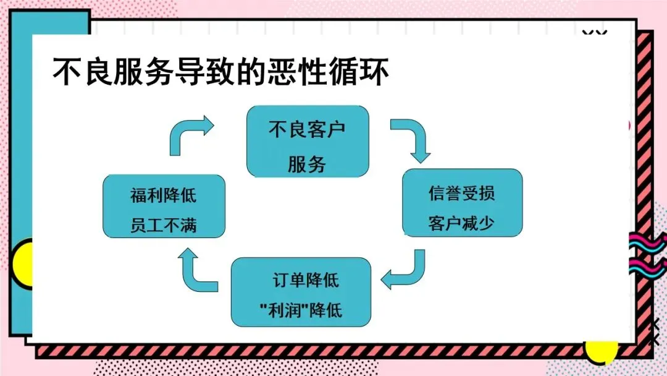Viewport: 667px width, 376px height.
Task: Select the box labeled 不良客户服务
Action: (307, 142)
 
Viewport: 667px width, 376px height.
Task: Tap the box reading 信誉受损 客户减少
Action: (462, 202)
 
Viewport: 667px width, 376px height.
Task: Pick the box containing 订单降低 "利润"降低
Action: (301, 292)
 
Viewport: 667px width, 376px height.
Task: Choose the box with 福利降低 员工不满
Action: (163, 206)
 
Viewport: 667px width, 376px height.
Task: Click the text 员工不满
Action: (163, 224)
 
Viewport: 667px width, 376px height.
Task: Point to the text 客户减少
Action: (461, 223)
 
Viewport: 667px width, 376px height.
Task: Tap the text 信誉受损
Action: (461, 192)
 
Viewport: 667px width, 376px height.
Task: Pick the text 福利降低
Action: (163, 195)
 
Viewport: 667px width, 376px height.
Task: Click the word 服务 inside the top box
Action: (307, 164)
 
